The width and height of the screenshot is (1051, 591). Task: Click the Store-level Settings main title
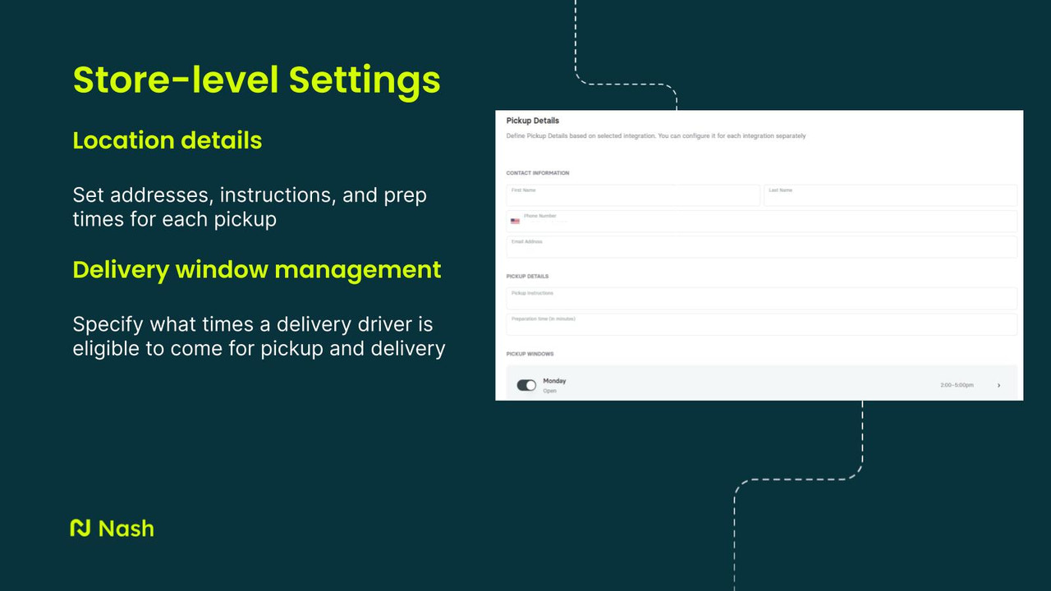coord(256,80)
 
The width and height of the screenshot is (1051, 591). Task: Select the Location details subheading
coord(168,140)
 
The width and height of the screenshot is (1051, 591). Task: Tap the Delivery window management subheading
coord(256,269)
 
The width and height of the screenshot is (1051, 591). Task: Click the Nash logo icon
coord(80,528)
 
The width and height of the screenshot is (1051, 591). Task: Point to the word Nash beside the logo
coord(126,528)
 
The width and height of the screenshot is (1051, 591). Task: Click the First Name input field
coord(632,195)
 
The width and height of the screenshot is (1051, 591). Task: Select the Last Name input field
coord(890,195)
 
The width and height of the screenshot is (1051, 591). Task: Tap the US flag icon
coord(515,221)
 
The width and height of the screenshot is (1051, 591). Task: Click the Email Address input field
coord(761,246)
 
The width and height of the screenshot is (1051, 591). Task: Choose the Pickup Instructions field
coord(761,298)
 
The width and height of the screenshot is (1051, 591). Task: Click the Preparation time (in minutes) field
coord(761,324)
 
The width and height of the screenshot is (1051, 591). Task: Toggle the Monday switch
coord(526,385)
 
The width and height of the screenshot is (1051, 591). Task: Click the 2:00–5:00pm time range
coord(957,385)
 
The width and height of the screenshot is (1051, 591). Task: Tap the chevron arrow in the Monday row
coord(998,385)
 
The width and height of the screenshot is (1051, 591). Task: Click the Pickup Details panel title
coord(532,121)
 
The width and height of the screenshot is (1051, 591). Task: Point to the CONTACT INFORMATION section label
coord(537,173)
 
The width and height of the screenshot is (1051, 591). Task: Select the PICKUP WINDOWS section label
coord(530,354)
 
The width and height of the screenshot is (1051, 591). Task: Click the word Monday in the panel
coord(554,381)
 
